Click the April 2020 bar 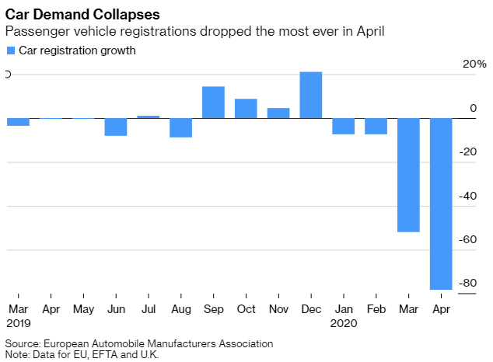(x=441, y=204)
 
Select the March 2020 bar (x=408, y=175)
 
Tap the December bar (x=311, y=95)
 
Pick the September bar (x=213, y=103)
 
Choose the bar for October (x=246, y=109)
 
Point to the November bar (x=278, y=113)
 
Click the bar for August (x=180, y=127)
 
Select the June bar (x=116, y=127)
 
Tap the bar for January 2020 (x=343, y=126)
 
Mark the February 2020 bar (x=376, y=126)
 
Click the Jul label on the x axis (x=148, y=308)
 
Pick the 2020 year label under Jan (x=343, y=322)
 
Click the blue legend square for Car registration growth (x=10, y=50)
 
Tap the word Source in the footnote (x=22, y=343)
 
